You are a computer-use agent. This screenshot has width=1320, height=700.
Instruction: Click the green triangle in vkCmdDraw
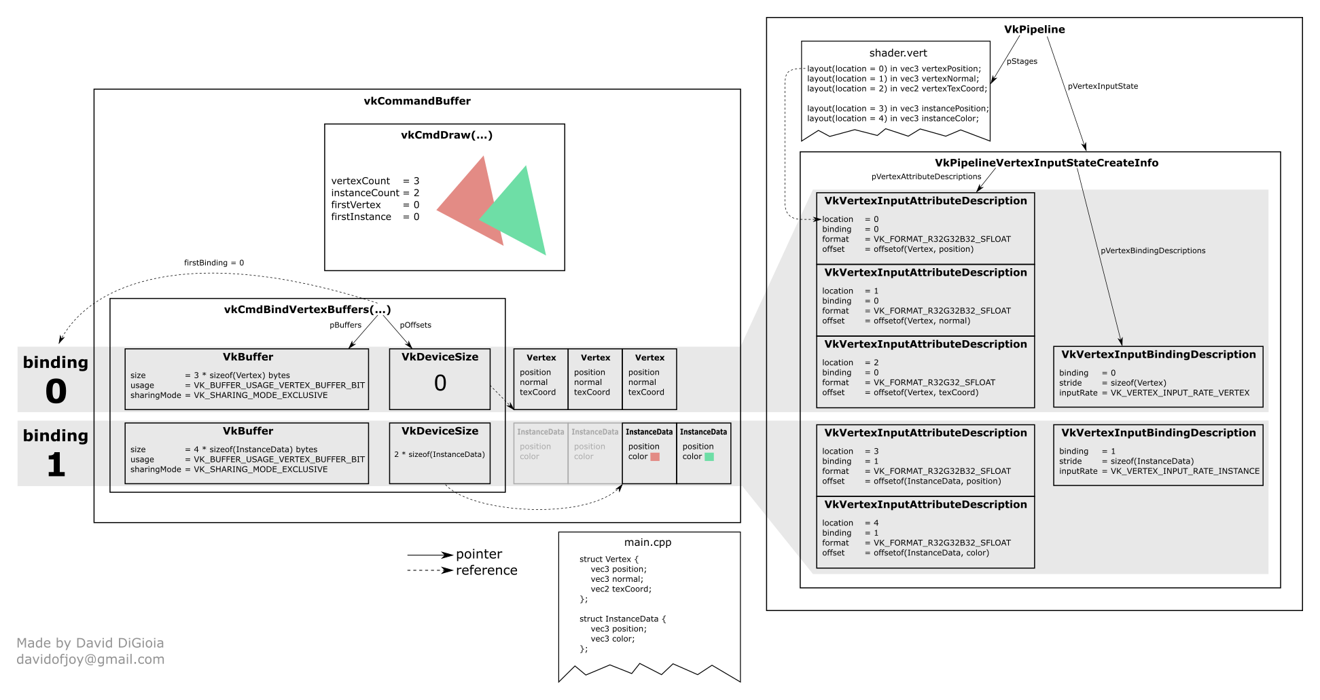520,217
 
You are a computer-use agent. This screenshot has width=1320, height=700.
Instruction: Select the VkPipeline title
1034,29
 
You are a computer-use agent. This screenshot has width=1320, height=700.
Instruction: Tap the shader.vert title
897,53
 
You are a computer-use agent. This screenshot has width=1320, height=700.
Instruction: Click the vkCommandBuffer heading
417,101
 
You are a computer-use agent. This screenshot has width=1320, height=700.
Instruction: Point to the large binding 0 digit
56,391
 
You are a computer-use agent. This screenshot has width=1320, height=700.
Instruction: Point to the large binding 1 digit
56,465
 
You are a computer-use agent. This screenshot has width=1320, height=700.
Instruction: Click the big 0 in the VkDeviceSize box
440,383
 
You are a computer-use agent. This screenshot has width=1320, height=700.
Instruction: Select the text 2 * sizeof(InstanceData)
440,454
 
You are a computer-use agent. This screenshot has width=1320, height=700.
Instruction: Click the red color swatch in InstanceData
655,457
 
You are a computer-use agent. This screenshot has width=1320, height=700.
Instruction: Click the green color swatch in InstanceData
709,457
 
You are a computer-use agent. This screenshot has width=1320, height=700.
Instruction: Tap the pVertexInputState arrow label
1103,86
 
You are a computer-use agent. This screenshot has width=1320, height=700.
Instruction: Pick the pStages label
1022,61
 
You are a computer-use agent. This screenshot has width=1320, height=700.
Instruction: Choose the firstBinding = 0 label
214,263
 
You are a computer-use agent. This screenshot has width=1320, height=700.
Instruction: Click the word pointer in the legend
479,554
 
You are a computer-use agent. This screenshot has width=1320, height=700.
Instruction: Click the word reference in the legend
486,570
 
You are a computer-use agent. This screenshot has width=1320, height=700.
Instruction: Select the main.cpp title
647,542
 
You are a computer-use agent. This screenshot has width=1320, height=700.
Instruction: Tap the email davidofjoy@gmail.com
90,659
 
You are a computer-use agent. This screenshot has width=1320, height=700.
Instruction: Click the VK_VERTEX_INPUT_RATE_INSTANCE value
1185,471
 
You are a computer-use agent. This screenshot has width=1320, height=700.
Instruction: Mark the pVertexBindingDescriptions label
1153,251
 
